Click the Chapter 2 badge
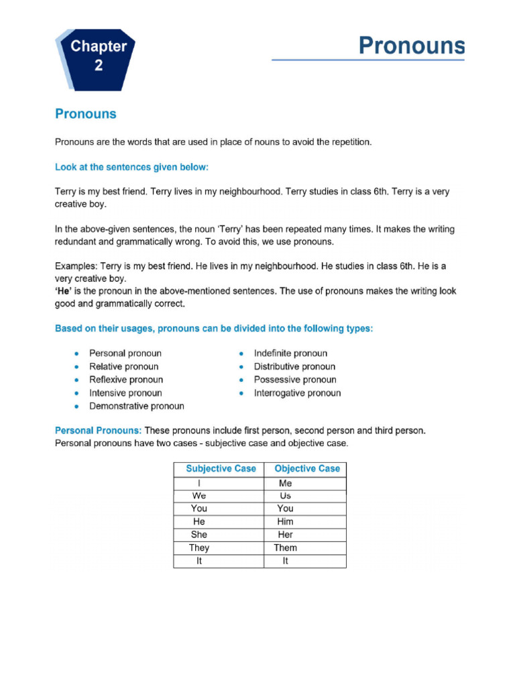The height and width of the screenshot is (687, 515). coord(99,56)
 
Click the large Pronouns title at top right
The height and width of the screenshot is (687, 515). coord(411,46)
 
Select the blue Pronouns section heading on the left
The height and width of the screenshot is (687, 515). coord(85,114)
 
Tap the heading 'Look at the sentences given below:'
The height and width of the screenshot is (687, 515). coord(136,166)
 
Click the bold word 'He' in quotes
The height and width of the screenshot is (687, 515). coord(64,290)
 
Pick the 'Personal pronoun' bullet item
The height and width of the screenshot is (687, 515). coord(125,353)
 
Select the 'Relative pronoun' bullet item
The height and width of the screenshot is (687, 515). coord(123,366)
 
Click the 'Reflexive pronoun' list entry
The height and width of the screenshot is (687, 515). coord(125,380)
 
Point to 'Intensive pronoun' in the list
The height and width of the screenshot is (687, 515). coord(125,393)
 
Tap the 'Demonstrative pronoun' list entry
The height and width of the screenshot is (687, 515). coord(136,406)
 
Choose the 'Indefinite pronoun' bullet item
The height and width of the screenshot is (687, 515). coord(290,353)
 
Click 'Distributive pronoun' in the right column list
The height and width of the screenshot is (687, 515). coord(294,366)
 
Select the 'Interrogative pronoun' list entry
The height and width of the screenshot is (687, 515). coord(297,393)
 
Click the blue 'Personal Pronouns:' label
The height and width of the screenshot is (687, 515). coord(98,430)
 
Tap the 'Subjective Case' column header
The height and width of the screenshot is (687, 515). coord(221,469)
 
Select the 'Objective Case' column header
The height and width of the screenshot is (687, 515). coord(307,469)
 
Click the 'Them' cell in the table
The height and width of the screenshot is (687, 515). coord(285,548)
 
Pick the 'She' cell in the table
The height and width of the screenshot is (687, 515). coord(198,535)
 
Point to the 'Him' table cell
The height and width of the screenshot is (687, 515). coord(285,521)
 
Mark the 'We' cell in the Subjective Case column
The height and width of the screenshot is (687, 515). coord(198,496)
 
